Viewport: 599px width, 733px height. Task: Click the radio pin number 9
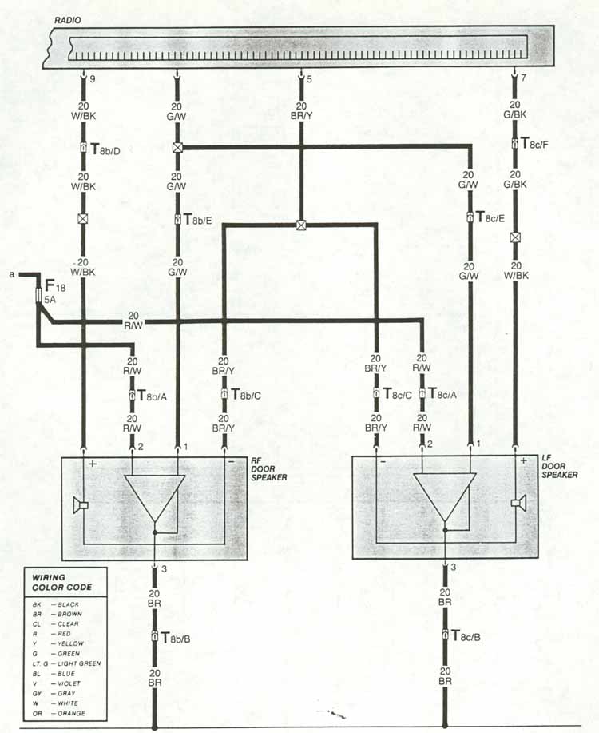pos(93,79)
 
